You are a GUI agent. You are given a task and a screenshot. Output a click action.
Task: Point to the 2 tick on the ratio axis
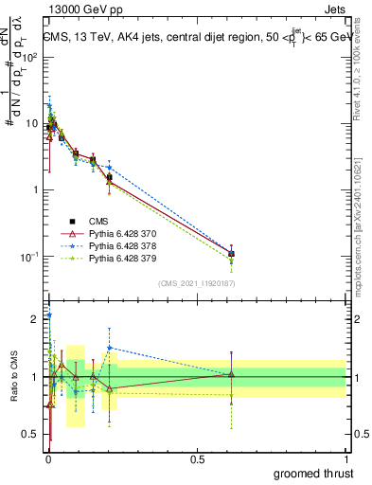(x=36, y=319)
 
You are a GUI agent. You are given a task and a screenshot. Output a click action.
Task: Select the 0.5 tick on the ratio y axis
(x=32, y=435)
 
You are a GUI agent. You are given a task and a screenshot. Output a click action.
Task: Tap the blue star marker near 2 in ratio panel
(x=49, y=314)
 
